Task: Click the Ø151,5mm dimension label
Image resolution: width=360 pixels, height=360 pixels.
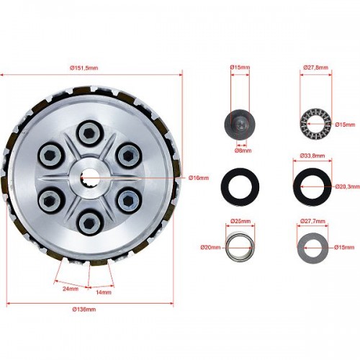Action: point(84,68)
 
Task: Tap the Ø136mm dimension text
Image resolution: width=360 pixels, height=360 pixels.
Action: point(84,310)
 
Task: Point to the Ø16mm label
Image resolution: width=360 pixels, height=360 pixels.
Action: point(199,178)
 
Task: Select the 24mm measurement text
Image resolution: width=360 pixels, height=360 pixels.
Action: point(71,289)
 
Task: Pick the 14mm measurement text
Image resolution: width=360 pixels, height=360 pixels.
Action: point(104,292)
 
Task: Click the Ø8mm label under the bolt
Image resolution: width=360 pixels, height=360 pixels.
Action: point(243,150)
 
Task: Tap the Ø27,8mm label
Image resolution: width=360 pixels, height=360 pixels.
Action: point(315,68)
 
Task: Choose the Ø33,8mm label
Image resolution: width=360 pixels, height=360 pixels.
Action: point(312,156)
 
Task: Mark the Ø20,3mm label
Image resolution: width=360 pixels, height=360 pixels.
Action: point(348,186)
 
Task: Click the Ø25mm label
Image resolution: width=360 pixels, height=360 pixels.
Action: point(240,221)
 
